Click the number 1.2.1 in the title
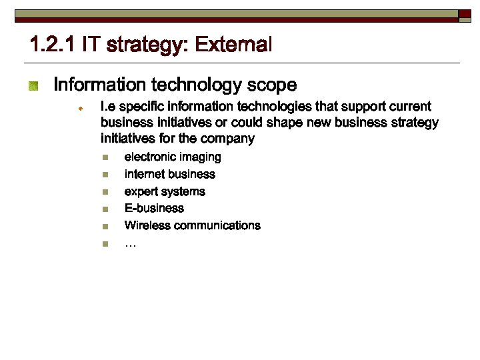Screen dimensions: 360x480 coord(53,45)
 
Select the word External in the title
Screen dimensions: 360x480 coord(233,45)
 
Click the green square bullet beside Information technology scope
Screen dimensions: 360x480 coord(33,86)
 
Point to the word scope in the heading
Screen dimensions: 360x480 coord(271,85)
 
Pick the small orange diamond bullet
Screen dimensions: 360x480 coord(79,107)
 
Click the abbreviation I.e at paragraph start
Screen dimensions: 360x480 coord(107,107)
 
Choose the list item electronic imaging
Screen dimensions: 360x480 coord(173,157)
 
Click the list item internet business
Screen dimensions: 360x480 coord(170,175)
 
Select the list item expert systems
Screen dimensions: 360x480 coord(165,192)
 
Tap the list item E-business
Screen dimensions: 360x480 coord(154,209)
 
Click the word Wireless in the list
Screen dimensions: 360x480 coord(147,225)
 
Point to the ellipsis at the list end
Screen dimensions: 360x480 coord(130,244)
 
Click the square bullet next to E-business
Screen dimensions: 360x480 coord(104,209)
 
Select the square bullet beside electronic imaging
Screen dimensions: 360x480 coord(104,158)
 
